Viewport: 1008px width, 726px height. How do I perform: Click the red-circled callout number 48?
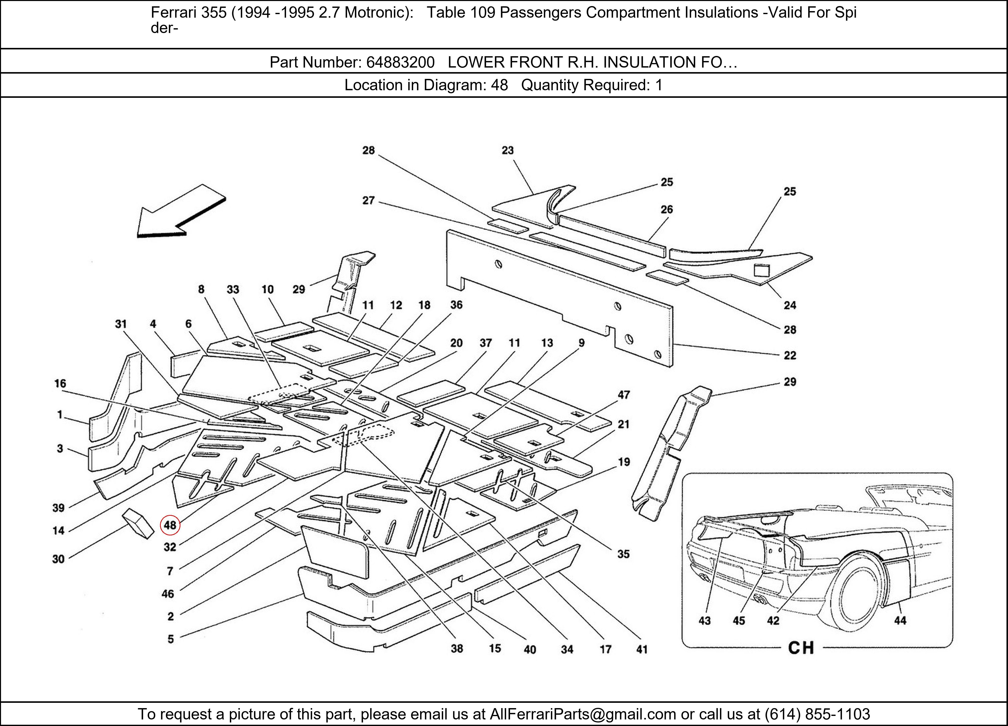(x=170, y=525)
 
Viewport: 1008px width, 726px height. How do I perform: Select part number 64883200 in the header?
(x=400, y=62)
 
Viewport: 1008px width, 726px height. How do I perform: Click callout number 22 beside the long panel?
(x=789, y=355)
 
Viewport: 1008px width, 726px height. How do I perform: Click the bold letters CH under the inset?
(x=801, y=648)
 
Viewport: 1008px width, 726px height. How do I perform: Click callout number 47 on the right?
(x=623, y=395)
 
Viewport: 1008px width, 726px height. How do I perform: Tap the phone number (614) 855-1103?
(x=817, y=714)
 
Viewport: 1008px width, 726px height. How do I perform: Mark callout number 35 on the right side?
(x=623, y=554)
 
